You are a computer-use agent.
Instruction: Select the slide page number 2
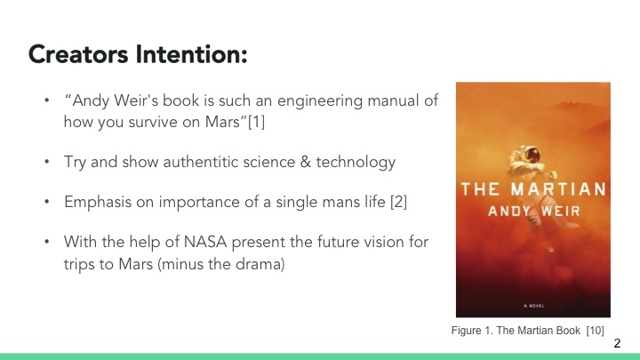pos(619,342)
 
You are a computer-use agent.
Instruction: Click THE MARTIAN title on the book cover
pos(533,189)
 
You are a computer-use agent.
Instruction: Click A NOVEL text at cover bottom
pos(532,304)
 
